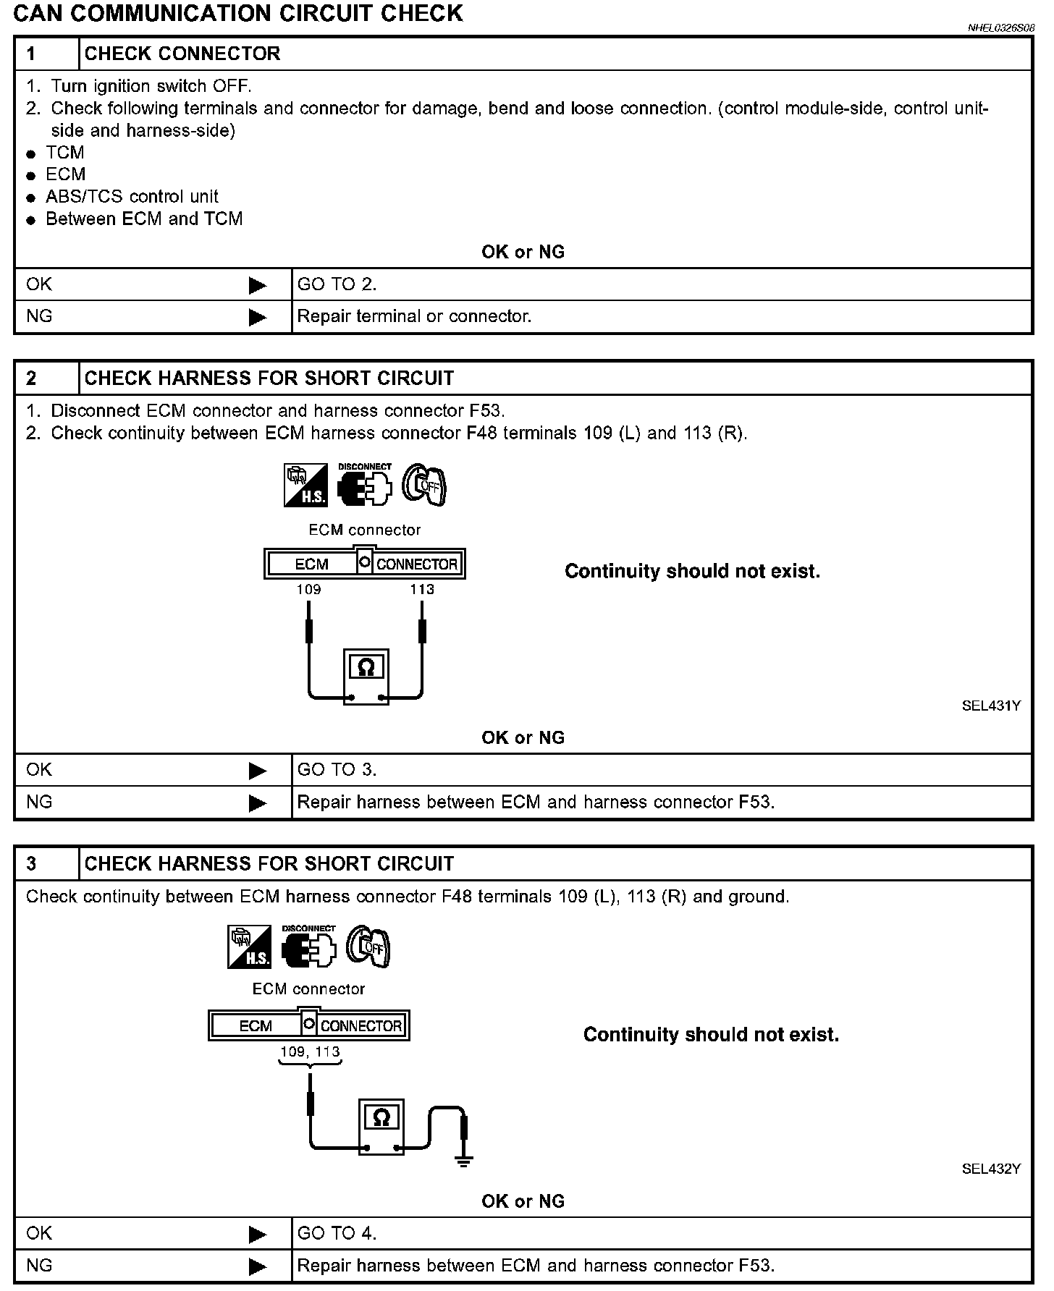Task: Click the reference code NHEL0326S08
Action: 1001,27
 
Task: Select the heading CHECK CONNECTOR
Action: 182,54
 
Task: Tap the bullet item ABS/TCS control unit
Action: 132,197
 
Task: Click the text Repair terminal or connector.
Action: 414,316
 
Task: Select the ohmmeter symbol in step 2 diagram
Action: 366,677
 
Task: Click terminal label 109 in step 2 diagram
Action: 308,589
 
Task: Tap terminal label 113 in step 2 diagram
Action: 422,589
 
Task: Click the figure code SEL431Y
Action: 991,706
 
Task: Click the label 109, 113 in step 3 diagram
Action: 310,1051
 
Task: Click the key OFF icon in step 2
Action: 425,485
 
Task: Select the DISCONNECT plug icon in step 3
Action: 309,947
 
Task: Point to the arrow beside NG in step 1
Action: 258,317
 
